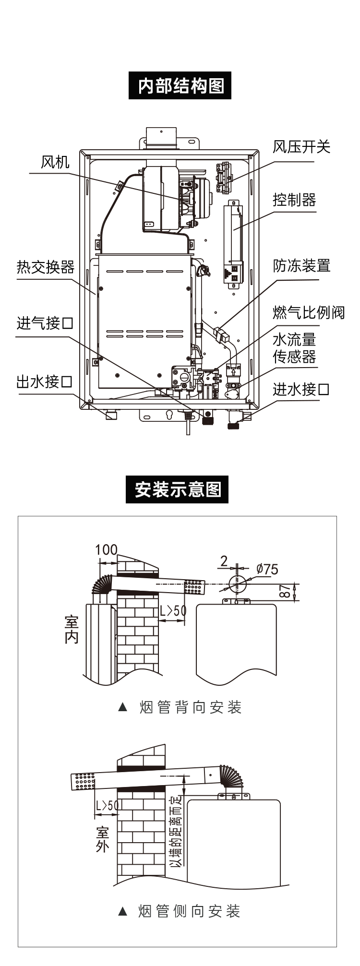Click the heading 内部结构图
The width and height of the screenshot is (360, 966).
(180, 86)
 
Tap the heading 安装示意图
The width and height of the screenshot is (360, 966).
(178, 489)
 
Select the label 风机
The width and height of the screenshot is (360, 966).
(55, 162)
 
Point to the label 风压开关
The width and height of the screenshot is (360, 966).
(301, 147)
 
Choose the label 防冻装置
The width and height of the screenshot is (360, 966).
(301, 265)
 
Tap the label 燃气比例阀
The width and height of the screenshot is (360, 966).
(309, 312)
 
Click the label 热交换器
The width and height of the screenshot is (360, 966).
(46, 267)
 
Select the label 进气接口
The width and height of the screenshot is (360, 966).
(45, 323)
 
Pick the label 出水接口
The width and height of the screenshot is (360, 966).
(45, 382)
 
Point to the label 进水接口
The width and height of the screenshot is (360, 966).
(301, 389)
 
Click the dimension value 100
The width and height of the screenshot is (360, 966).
(106, 549)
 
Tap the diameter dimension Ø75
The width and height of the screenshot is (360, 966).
(267, 569)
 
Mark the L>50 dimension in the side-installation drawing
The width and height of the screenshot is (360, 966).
(106, 805)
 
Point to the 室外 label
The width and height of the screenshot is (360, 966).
(102, 839)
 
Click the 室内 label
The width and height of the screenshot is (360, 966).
(72, 630)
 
